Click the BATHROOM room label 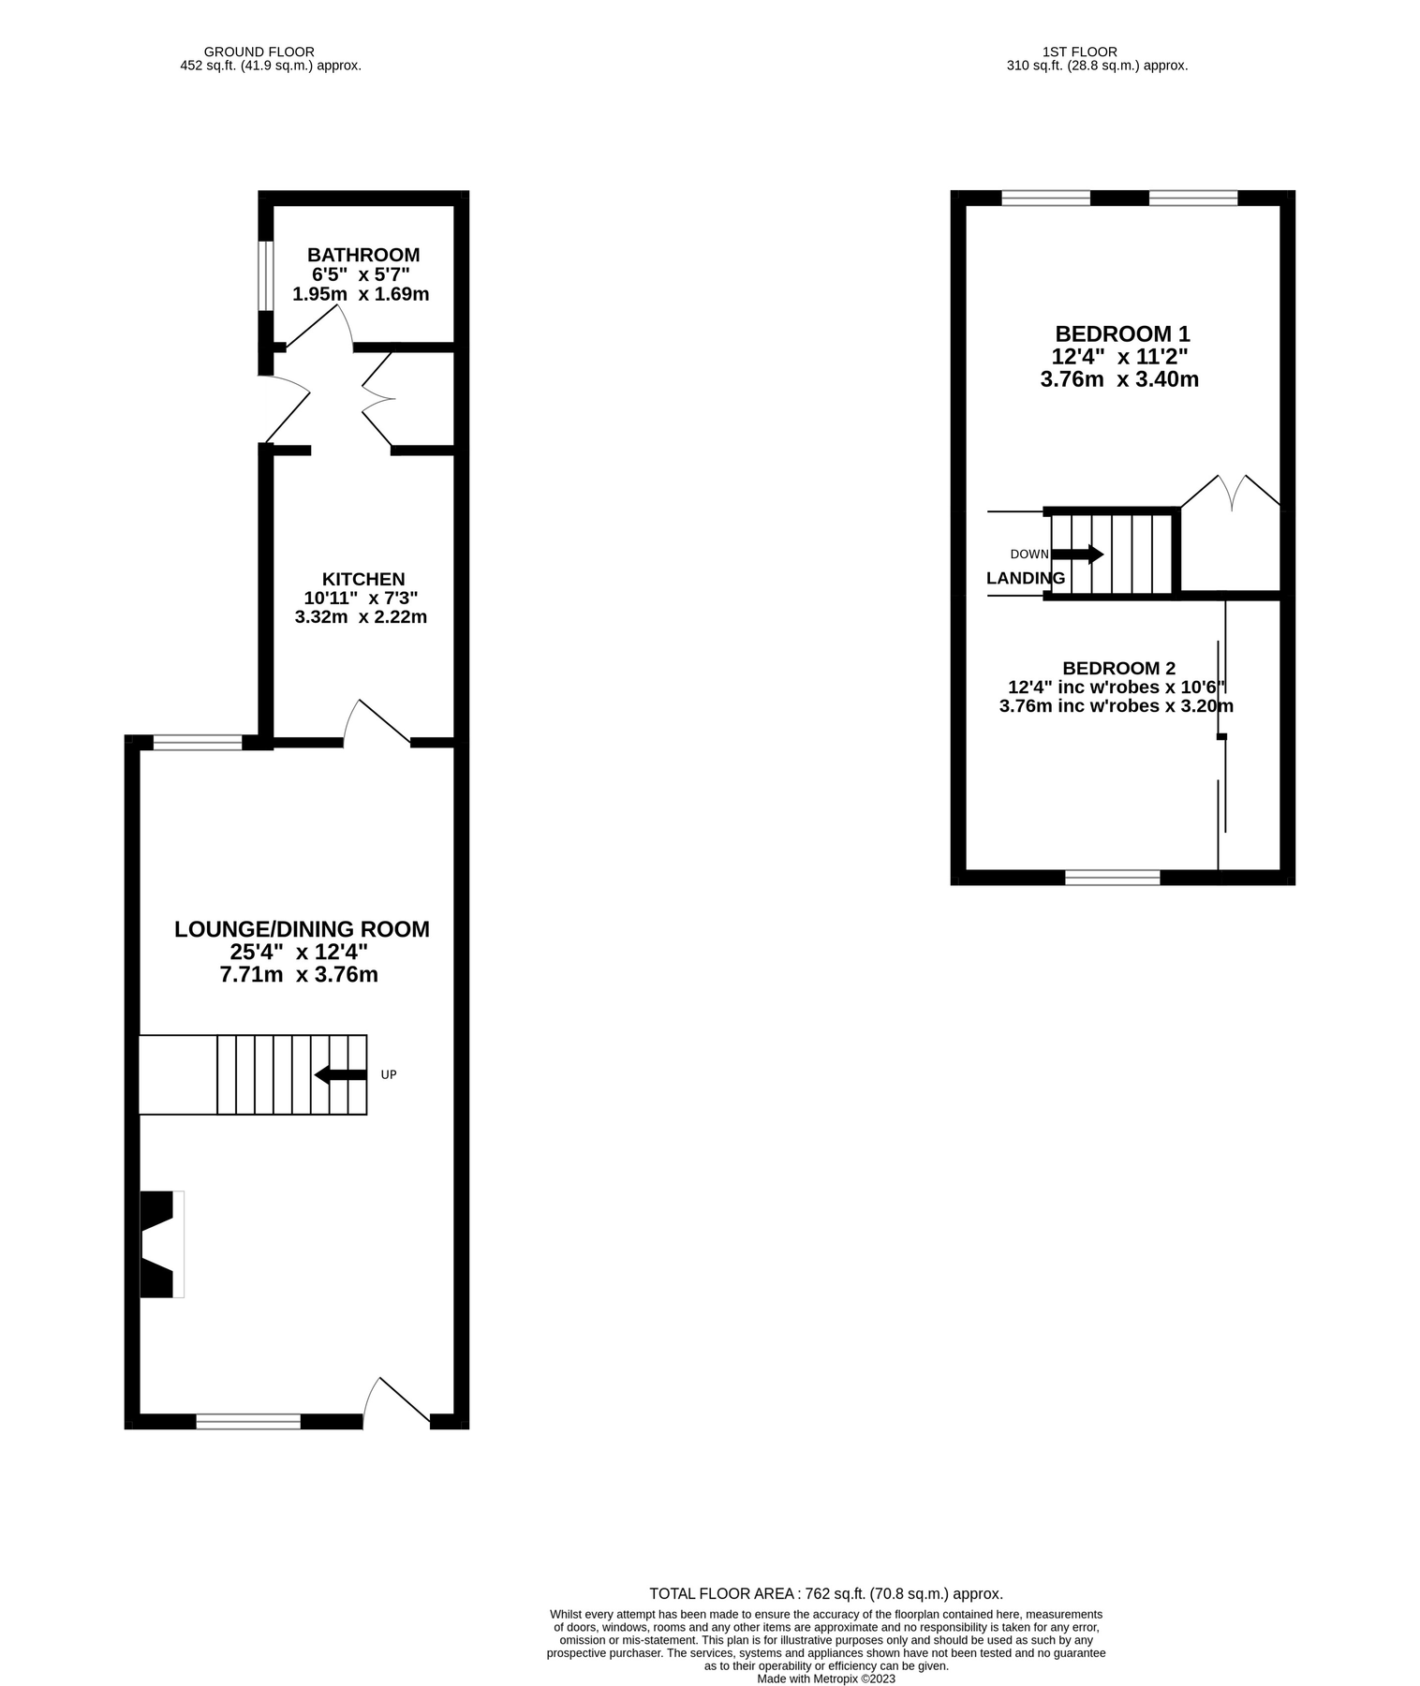click(363, 255)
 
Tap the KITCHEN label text click(363, 579)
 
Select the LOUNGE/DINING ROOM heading click(302, 929)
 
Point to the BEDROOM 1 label click(1122, 333)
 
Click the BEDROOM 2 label click(1118, 668)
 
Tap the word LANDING click(1026, 578)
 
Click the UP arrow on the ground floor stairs click(340, 1074)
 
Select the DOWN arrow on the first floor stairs click(1077, 554)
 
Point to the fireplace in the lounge click(159, 1244)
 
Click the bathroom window click(266, 275)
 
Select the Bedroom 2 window click(1112, 877)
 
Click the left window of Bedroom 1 click(1045, 198)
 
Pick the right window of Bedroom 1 click(1192, 198)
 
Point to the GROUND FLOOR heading click(259, 52)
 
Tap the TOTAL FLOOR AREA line click(826, 1593)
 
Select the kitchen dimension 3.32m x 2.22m click(361, 617)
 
